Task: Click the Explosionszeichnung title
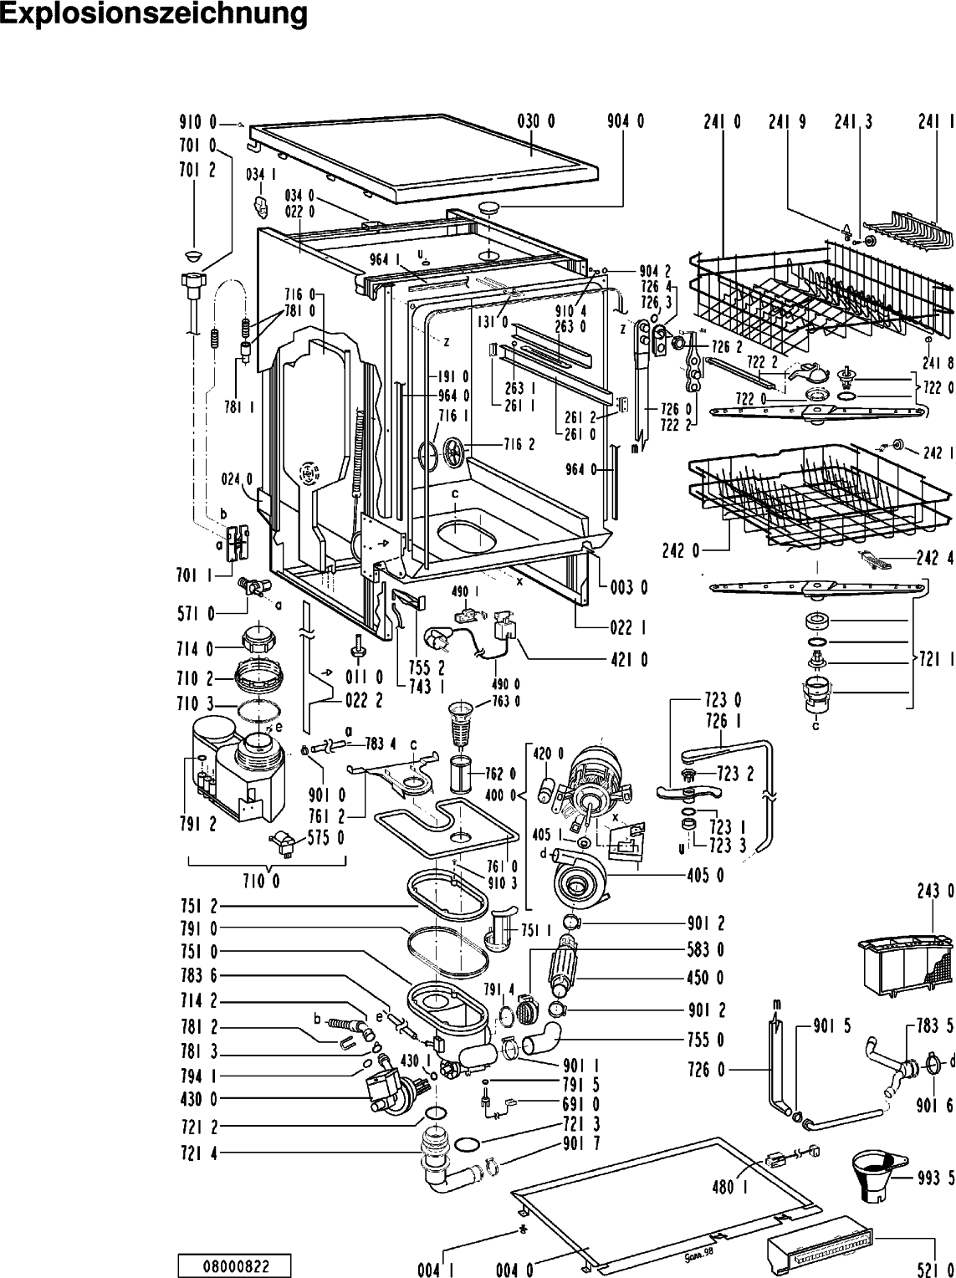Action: click(154, 14)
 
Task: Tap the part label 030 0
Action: click(536, 120)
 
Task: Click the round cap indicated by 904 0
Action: click(489, 207)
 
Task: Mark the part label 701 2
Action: click(197, 169)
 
